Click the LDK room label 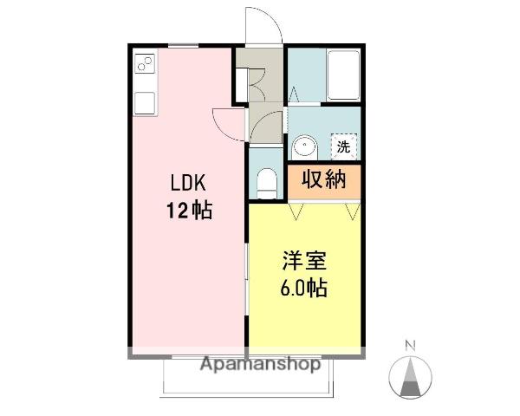(188, 183)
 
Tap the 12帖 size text (189, 210)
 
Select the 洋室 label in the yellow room (304, 261)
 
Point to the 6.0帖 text (304, 288)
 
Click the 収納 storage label (324, 179)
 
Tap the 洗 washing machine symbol (344, 146)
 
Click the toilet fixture (267, 184)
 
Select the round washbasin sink (304, 147)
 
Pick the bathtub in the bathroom (343, 75)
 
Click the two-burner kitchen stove (146, 63)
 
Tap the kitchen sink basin (145, 103)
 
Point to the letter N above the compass (411, 346)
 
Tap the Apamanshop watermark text (261, 364)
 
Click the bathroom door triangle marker (294, 94)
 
